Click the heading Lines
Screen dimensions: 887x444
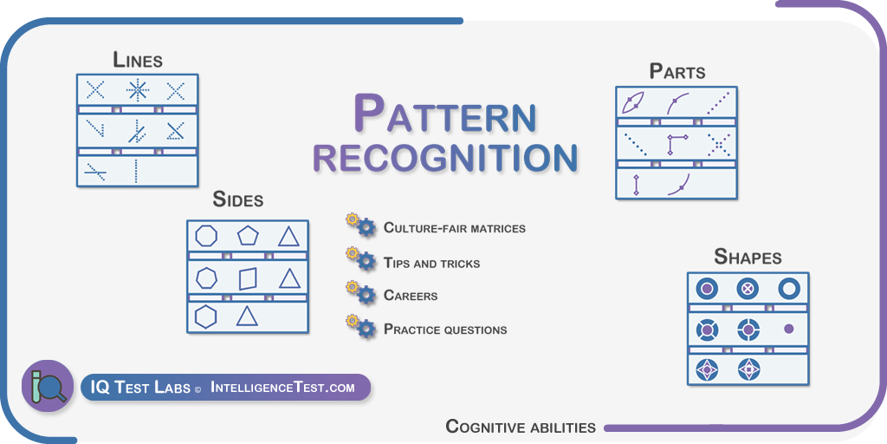click(138, 60)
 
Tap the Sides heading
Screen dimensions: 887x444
click(237, 199)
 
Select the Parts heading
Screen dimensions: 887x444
click(677, 71)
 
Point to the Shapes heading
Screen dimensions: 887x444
click(748, 257)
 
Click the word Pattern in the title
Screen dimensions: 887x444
click(444, 114)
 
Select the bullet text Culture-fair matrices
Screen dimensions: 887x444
click(454, 228)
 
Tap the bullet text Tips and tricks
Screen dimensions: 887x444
click(431, 264)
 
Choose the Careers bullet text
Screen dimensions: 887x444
click(410, 296)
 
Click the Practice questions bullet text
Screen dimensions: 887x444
click(445, 329)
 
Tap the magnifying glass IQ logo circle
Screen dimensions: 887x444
click(48, 386)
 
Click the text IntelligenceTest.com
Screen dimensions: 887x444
click(282, 388)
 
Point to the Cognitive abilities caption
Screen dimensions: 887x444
click(521, 427)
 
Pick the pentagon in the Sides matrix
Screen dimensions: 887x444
click(248, 235)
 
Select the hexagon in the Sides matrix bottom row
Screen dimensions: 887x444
click(206, 316)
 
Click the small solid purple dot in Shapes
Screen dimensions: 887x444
click(789, 329)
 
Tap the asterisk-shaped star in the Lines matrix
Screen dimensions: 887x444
click(137, 90)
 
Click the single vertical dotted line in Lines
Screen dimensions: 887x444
click(136, 171)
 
